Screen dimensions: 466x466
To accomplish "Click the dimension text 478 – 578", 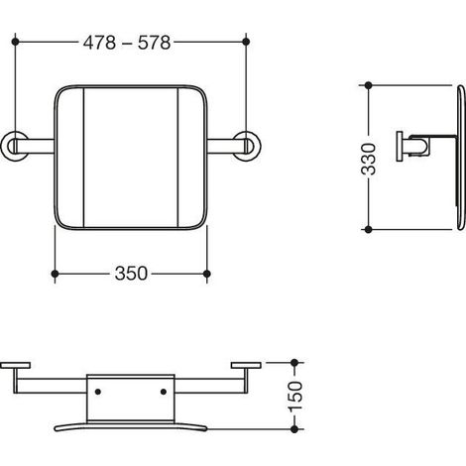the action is pos(127,43).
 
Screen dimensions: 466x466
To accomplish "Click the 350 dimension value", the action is pos(131,274).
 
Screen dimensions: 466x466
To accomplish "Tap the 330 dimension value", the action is pos(369,159).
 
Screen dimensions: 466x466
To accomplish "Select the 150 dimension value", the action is pos(295,397).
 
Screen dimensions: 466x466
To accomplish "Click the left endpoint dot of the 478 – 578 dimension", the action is pos(15,42).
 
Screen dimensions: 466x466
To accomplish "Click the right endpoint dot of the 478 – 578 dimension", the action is pos(246,42).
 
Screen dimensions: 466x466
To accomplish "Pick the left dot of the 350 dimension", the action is pos(56,274).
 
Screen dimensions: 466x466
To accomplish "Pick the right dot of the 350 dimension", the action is pos(207,274).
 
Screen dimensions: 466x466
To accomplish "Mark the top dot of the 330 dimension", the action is pos(369,85).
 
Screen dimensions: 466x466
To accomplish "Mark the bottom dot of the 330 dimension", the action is pos(369,229).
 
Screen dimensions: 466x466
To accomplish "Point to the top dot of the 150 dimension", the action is pos(294,363).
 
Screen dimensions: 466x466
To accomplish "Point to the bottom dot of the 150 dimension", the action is pos(294,429).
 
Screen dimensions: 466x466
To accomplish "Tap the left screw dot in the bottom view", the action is pos(98,392).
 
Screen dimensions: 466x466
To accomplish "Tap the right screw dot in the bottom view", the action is pos(164,392).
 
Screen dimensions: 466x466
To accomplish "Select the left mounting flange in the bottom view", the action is pos(15,365).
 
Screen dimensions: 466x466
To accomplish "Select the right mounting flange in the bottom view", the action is pos(246,365).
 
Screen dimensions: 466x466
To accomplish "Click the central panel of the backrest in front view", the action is pos(131,158).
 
